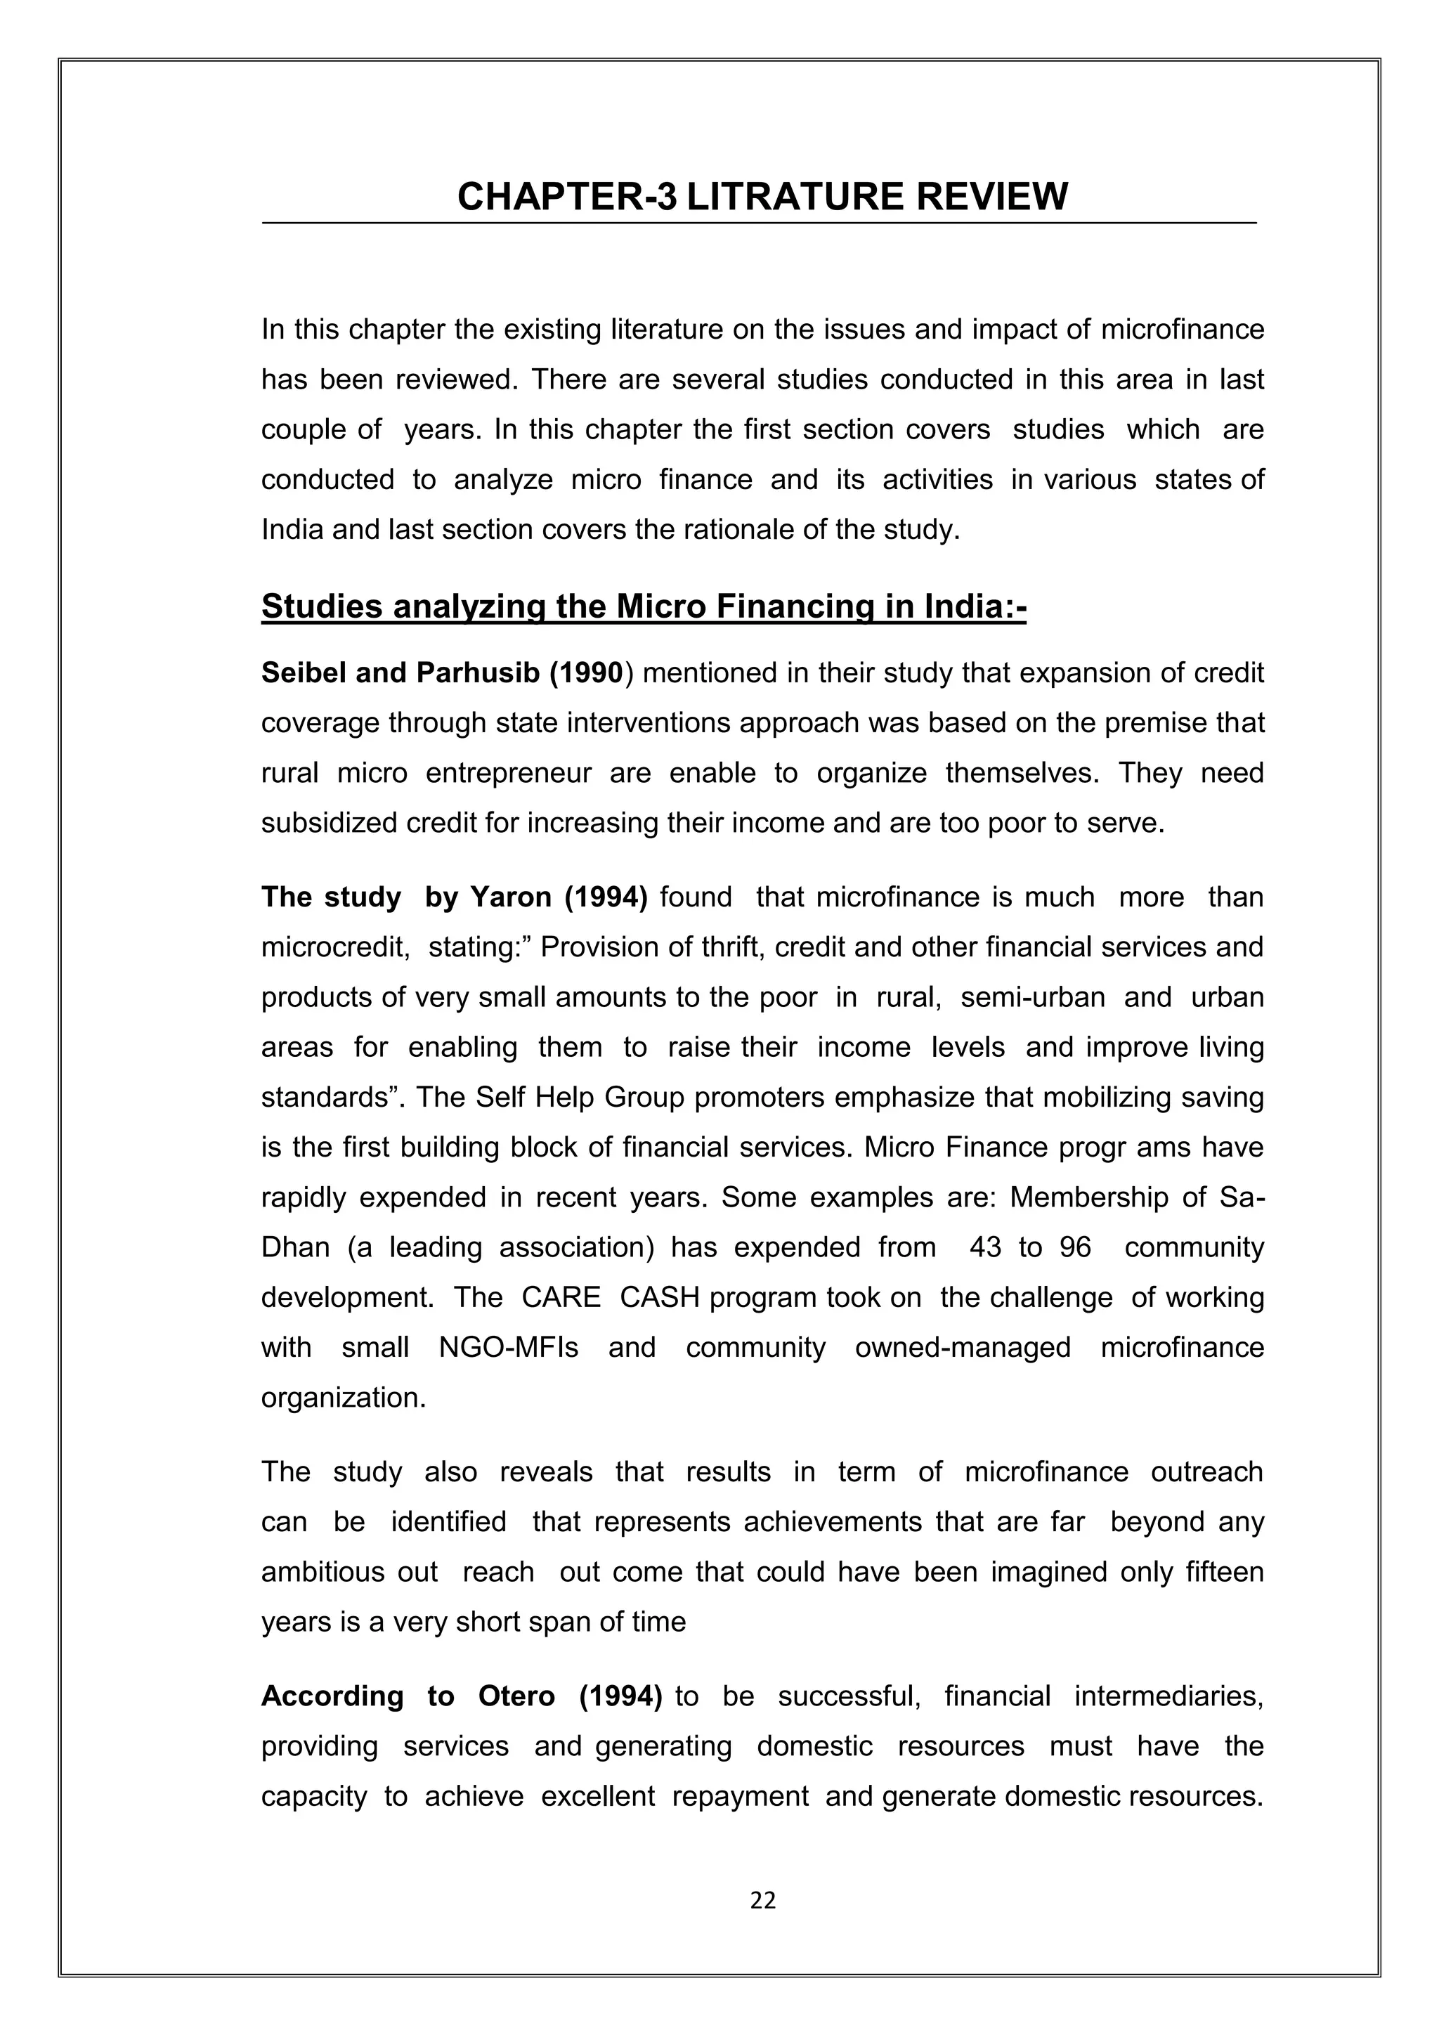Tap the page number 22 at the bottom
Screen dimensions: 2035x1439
pos(763,1900)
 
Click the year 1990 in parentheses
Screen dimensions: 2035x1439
pos(590,674)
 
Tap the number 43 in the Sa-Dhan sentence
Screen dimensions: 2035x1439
pos(985,1248)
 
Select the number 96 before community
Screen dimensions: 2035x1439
pos(1075,1248)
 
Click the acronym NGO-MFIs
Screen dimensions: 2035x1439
pos(509,1348)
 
